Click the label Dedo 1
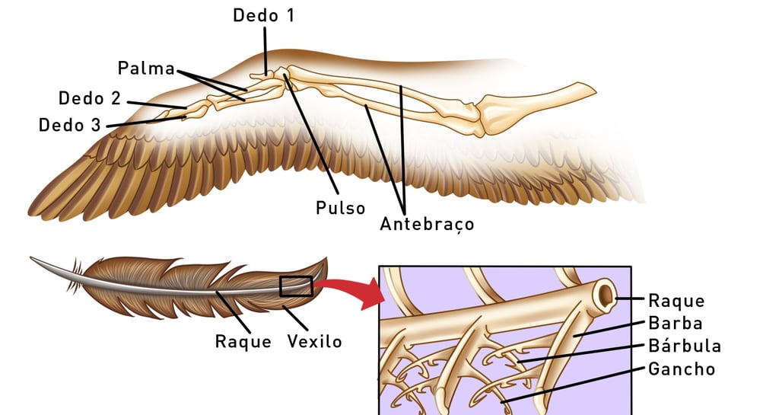263,15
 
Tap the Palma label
146,68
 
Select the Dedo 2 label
90,98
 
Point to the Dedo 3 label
70,125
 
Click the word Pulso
341,208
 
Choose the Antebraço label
427,225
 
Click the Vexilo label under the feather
314,341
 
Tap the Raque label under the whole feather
243,341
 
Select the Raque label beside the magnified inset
676,301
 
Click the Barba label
675,323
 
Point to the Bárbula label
685,346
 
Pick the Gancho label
682,369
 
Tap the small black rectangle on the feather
296,286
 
